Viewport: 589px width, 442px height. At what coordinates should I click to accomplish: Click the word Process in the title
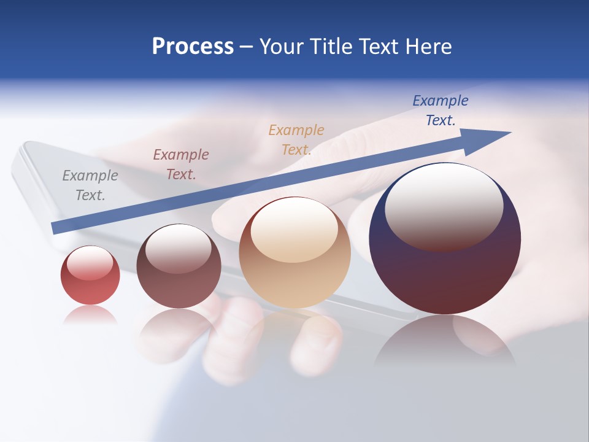[193, 47]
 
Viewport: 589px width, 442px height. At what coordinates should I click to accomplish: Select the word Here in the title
[428, 47]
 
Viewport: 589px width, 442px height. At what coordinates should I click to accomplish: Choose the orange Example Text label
[296, 140]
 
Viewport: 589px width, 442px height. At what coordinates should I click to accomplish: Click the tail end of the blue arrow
[56, 228]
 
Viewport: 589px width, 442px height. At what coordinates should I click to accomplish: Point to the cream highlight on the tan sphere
[294, 230]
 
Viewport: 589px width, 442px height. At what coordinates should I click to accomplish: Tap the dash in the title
[246, 47]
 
